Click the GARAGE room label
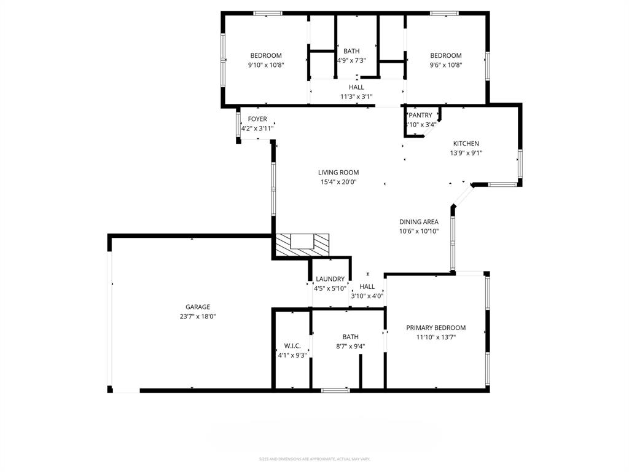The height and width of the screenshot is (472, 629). (198, 307)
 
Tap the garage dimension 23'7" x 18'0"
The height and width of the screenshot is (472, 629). (198, 317)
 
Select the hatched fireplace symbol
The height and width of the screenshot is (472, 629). (302, 244)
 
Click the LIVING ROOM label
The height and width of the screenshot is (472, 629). (338, 173)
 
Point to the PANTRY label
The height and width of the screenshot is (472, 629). (421, 115)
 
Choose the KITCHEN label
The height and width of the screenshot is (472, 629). (466, 144)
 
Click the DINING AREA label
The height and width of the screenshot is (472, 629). (419, 222)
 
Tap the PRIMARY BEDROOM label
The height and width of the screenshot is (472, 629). (436, 328)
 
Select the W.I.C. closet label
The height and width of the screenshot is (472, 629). (292, 345)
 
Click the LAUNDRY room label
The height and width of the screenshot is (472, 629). (330, 279)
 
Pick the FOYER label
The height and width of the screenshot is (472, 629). (257, 119)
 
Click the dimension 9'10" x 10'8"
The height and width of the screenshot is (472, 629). (266, 65)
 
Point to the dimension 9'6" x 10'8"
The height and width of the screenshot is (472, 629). (446, 65)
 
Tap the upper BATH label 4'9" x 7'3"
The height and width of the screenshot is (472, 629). (352, 51)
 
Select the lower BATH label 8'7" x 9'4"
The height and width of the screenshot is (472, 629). (351, 337)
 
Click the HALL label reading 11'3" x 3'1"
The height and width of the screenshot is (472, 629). (356, 87)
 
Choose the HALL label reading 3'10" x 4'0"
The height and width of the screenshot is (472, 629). (367, 286)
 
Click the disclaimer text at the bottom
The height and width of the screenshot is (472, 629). (314, 459)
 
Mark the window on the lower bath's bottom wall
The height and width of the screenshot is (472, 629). (335, 390)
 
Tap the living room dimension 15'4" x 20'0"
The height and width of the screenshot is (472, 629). (338, 182)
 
